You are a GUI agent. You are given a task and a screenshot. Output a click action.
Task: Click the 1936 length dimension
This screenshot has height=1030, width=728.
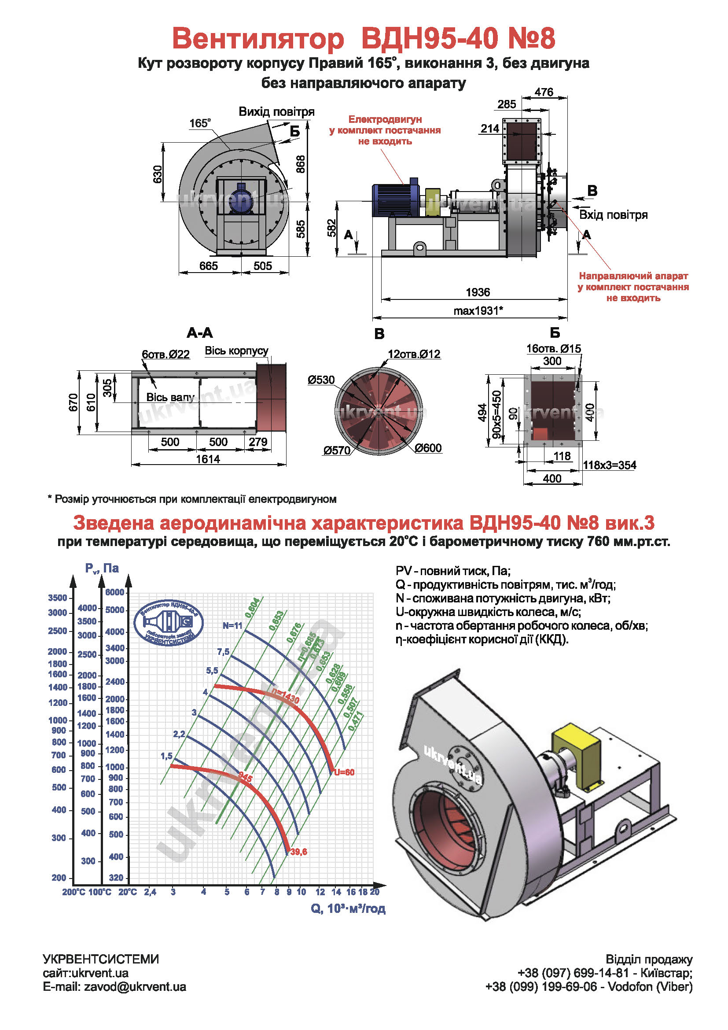(x=478, y=292)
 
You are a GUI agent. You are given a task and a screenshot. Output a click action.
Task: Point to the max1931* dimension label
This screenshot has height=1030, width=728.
(x=478, y=310)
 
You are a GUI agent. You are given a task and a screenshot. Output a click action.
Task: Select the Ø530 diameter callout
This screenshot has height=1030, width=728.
(x=321, y=380)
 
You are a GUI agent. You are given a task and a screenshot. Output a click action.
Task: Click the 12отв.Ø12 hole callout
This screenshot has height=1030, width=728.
(x=414, y=354)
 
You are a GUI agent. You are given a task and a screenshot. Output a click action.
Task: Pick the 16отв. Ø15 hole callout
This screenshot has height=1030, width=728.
(x=553, y=349)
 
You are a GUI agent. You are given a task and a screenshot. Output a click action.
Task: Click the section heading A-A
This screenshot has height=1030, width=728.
(x=199, y=333)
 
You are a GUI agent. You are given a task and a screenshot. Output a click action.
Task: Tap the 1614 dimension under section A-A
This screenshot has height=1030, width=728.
(x=208, y=459)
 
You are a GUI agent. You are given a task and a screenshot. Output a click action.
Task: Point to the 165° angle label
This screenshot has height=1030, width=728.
(x=199, y=123)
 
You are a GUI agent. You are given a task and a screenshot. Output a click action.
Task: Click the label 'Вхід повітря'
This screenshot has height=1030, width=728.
(x=613, y=215)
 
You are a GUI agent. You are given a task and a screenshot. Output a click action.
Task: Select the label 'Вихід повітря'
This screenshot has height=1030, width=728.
(x=276, y=112)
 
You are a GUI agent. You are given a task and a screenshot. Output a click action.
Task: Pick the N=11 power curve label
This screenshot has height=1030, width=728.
(x=232, y=625)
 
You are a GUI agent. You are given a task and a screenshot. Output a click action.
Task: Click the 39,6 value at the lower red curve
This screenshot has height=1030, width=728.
(x=298, y=852)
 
